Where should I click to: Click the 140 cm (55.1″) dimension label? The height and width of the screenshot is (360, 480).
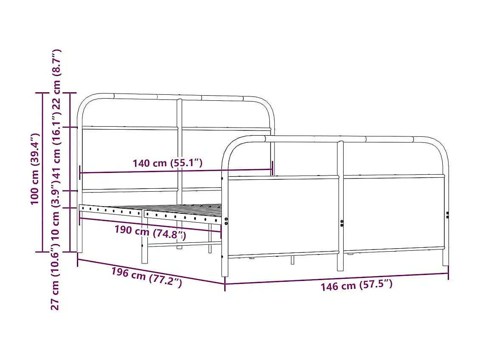pyautogui.click(x=167, y=163)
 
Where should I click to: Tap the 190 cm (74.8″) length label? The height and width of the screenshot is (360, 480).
pyautogui.click(x=150, y=232)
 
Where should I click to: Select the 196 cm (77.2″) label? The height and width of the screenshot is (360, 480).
pyautogui.click(x=147, y=278)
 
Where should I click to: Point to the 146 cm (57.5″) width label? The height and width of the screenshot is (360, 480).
pyautogui.click(x=356, y=285)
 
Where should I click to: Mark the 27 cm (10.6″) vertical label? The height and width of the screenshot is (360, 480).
pyautogui.click(x=55, y=281)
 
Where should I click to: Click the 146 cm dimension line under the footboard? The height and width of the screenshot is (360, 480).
pyautogui.click(x=336, y=278)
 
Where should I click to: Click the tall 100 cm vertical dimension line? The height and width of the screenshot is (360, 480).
pyautogui.click(x=43, y=172)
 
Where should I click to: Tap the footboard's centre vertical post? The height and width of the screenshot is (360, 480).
pyautogui.click(x=340, y=204)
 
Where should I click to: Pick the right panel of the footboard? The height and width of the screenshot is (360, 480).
pyautogui.click(x=393, y=213)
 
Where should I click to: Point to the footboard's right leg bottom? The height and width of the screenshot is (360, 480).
pyautogui.click(x=445, y=263)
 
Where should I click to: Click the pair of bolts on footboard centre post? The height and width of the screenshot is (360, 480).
pyautogui.click(x=342, y=223)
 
